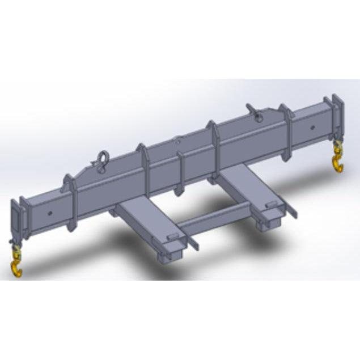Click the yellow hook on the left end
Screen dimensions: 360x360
tap(17, 267)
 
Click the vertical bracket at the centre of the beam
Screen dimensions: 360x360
tap(181, 170)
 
